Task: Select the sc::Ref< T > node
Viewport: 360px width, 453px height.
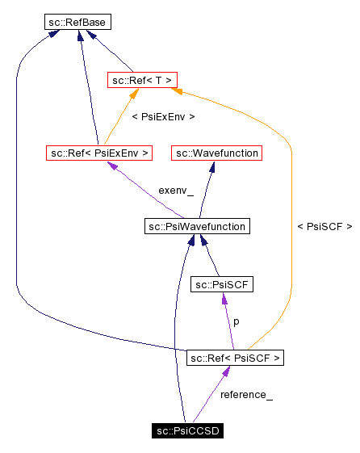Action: pyautogui.click(x=142, y=79)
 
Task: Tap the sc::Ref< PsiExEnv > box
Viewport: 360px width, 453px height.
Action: pyautogui.click(x=98, y=152)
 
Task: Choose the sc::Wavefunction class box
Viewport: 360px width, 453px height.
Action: pyautogui.click(x=216, y=152)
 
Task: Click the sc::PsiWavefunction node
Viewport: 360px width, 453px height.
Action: pyautogui.click(x=196, y=226)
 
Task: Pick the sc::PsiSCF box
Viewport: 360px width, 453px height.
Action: pyautogui.click(x=222, y=284)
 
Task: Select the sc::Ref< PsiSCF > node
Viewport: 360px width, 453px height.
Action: pyautogui.click(x=235, y=357)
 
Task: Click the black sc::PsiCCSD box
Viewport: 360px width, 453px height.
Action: pyautogui.click(x=187, y=430)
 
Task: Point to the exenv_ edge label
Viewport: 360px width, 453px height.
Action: pyautogui.click(x=176, y=191)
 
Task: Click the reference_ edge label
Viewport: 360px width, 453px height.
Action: pyautogui.click(x=246, y=395)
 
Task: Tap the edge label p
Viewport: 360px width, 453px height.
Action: pyautogui.click(x=236, y=321)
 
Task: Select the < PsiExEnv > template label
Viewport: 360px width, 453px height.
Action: pyautogui.click(x=162, y=117)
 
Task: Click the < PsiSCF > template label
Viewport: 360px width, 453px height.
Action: pyautogui.click(x=324, y=227)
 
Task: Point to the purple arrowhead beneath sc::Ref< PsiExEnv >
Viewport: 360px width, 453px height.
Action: pyautogui.click(x=114, y=166)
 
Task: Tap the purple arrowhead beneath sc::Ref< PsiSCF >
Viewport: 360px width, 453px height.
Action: pyautogui.click(x=228, y=371)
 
